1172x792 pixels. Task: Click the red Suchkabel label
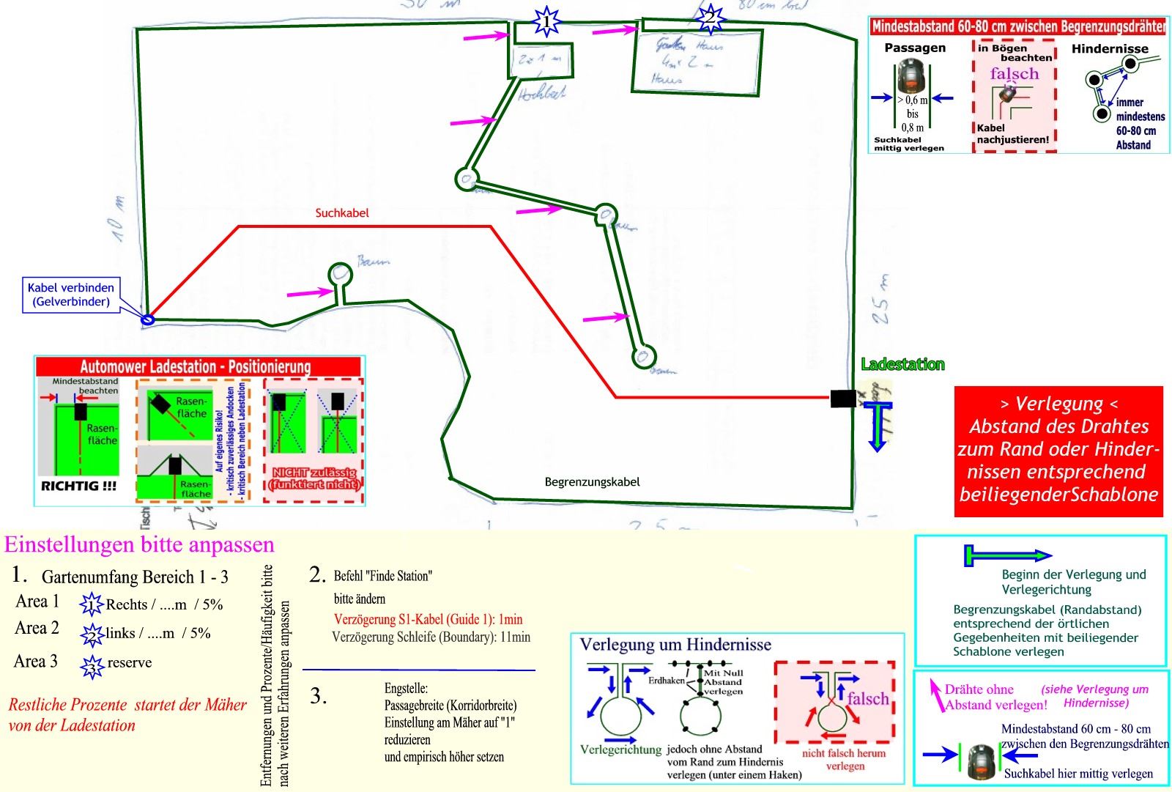342,213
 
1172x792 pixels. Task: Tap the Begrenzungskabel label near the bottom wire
592,482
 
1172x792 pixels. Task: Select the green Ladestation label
902,364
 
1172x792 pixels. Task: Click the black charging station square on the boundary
842,399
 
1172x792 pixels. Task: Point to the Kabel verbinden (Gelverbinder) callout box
71,295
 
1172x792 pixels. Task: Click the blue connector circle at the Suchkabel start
147,319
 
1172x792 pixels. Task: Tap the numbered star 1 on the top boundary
546,21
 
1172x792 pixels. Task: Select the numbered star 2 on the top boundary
709,18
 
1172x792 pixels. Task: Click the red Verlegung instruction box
1058,449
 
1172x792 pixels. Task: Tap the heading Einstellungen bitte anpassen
139,545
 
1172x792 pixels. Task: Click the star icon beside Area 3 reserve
92,666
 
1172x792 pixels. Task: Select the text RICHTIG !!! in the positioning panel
78,486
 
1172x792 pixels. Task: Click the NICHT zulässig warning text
314,478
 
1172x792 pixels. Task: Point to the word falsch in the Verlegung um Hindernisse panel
867,699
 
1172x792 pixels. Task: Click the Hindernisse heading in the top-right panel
1110,48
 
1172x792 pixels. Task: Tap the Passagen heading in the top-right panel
915,48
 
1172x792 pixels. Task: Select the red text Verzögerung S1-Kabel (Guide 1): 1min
428,619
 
